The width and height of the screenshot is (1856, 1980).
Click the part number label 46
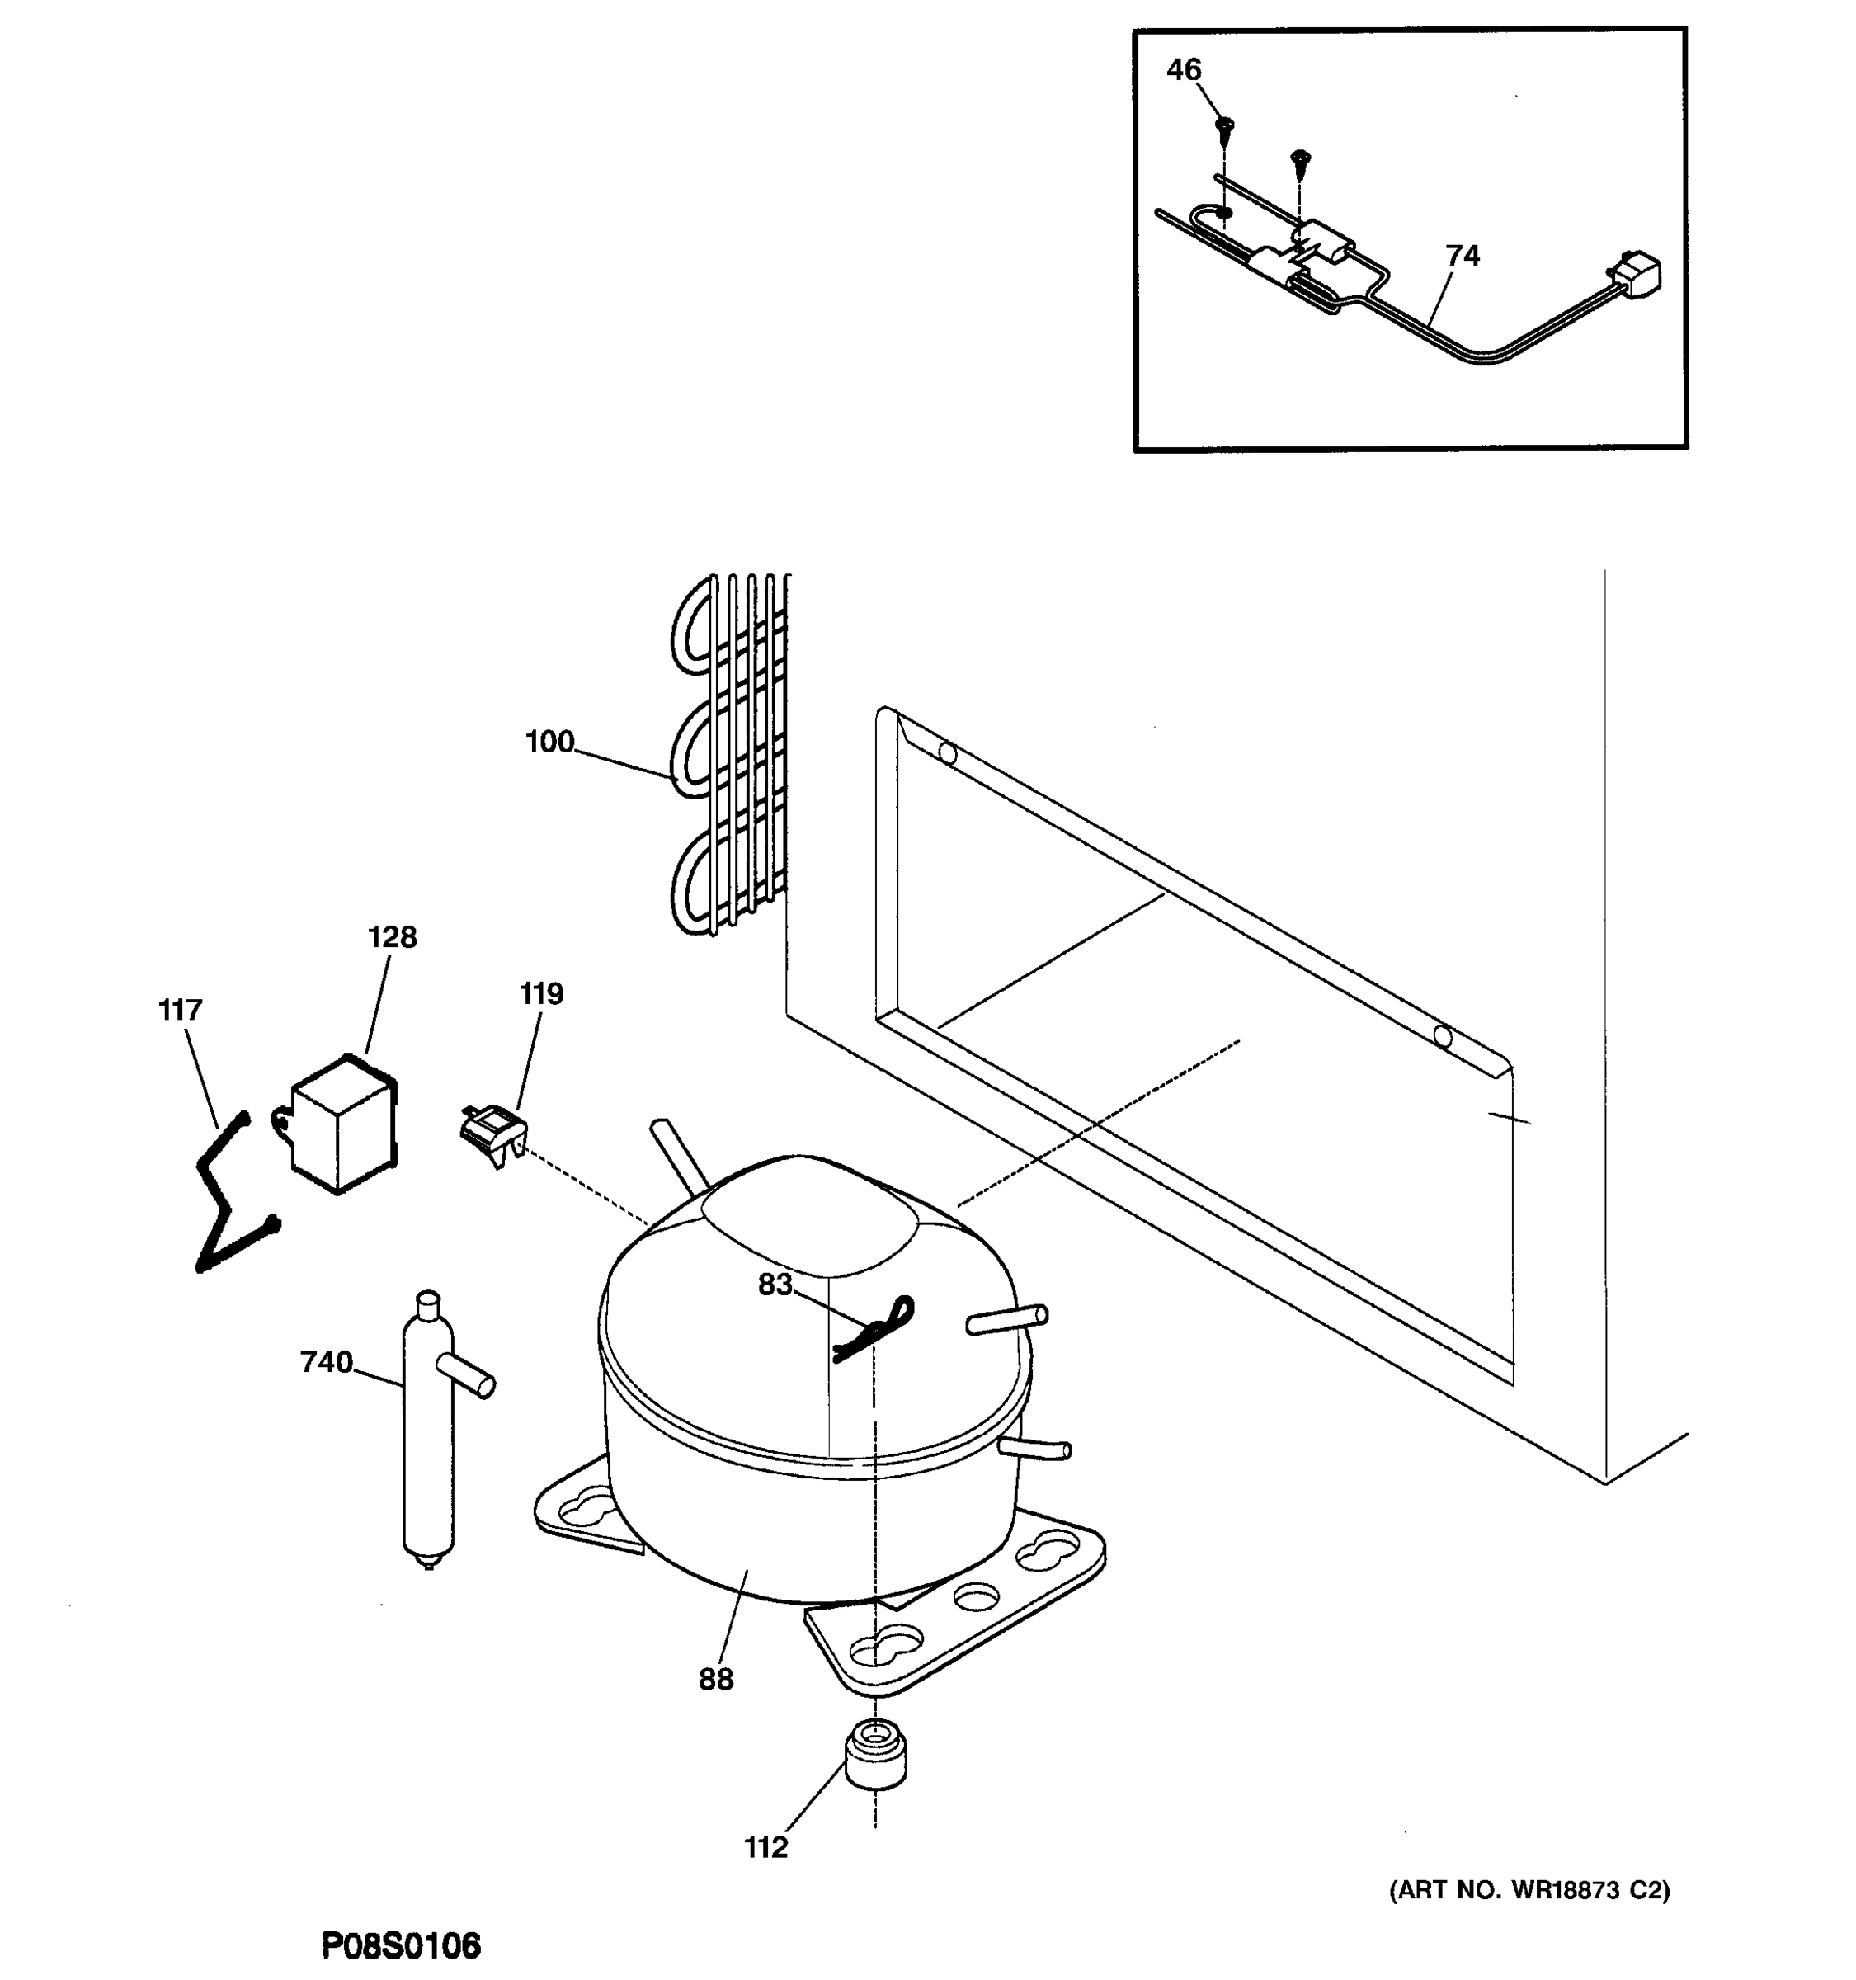coord(1183,70)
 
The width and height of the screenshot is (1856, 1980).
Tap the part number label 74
coord(1462,256)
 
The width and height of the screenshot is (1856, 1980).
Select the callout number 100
coord(549,742)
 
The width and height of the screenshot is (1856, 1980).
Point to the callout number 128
coord(393,937)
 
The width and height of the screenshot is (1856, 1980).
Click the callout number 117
coord(180,1010)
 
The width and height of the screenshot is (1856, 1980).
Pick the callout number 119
coord(542,993)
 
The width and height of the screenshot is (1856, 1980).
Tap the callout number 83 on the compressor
coord(775,1285)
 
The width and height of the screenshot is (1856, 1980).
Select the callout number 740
coord(327,1361)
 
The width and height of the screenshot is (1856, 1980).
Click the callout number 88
coord(715,1679)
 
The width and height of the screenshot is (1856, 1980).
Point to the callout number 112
coord(765,1846)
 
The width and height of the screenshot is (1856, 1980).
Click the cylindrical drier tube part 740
coord(428,1434)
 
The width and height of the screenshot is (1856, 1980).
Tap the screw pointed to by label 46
coord(1225,128)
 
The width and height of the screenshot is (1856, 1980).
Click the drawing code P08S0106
coord(401,1945)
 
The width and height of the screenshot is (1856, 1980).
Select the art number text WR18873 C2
coord(1529,1889)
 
